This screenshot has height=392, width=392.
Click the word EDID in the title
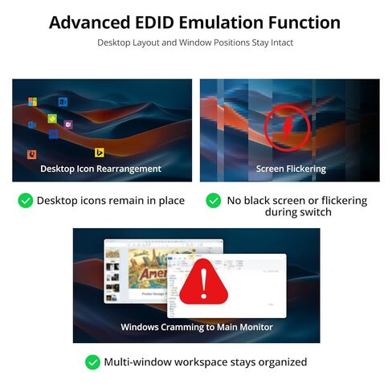coord(154,22)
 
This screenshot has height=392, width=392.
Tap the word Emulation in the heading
coord(222,22)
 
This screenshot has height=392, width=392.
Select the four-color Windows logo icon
coord(33,102)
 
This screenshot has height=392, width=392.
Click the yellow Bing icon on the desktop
coord(100,153)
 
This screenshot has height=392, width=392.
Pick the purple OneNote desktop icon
coord(68,125)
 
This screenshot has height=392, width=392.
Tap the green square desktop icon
coord(52,118)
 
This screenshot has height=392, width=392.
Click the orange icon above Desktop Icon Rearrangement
coord(32,154)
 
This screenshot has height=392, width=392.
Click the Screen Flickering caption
coord(291,169)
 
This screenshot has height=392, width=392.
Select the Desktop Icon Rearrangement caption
coord(100,169)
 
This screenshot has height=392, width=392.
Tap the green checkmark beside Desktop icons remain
coord(26,201)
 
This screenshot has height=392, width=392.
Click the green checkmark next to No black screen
coord(214,201)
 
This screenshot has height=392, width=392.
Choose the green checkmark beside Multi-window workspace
coord(92,362)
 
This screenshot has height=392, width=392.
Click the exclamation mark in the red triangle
coord(204,284)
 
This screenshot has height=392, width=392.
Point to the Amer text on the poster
coord(153,273)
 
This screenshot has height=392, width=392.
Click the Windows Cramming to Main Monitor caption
coord(197,327)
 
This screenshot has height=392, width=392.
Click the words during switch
coord(298,212)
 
